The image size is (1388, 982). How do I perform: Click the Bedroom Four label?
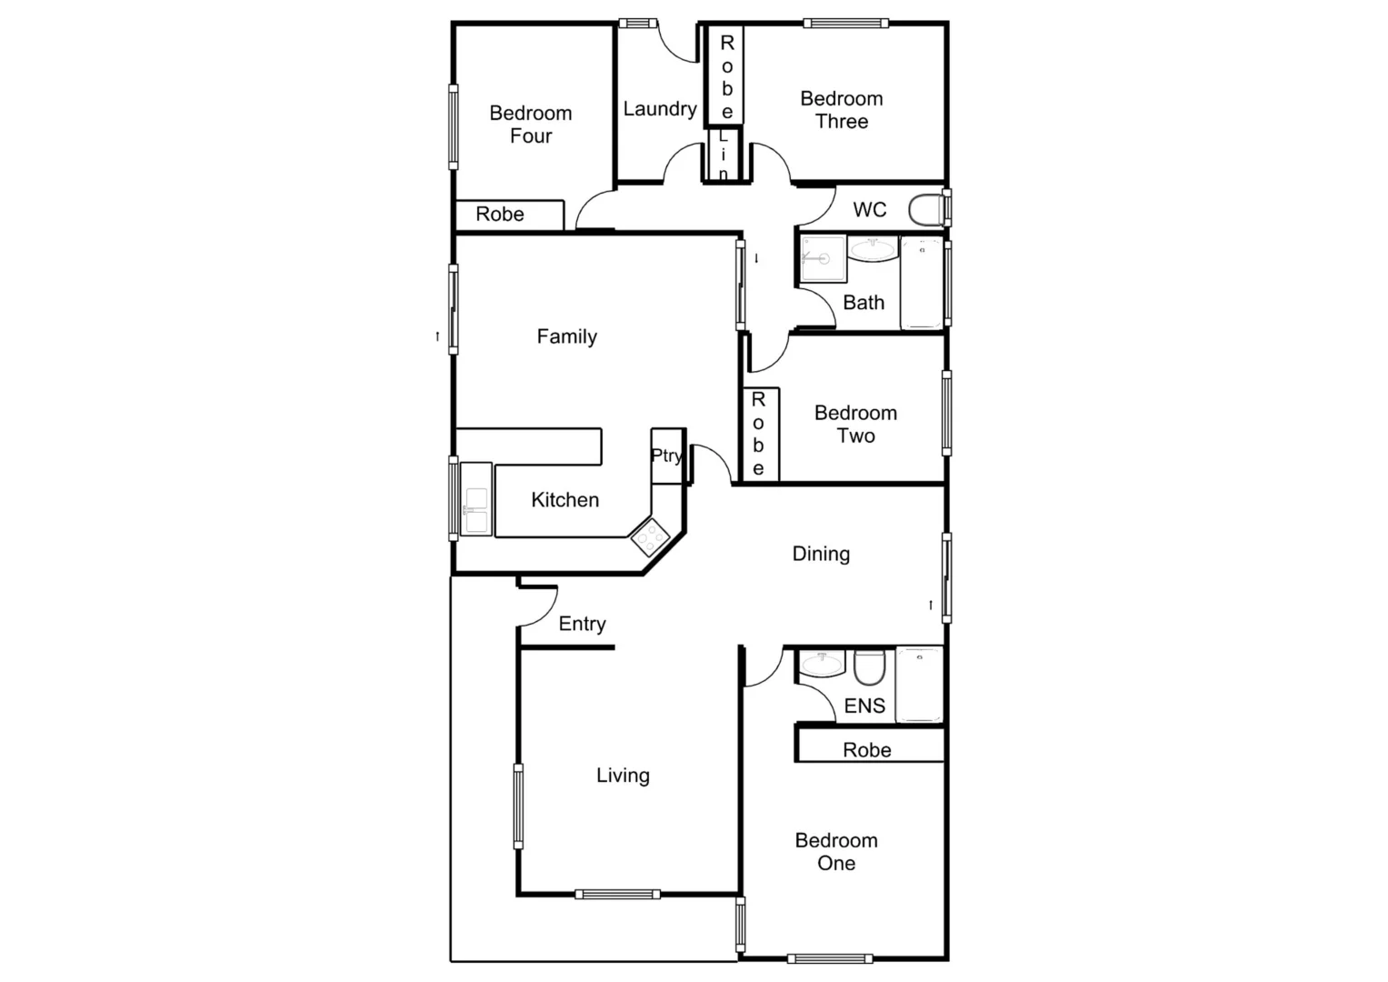click(531, 125)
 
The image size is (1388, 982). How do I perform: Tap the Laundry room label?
click(660, 109)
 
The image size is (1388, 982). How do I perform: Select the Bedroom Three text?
click(841, 110)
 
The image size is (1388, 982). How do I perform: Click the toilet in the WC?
click(926, 210)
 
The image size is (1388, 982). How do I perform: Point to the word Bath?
click(864, 303)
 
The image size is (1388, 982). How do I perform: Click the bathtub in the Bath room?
click(922, 283)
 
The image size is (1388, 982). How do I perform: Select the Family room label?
click(566, 336)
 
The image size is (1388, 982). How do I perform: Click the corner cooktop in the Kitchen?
click(651, 537)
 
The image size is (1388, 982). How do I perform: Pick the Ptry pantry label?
click(667, 456)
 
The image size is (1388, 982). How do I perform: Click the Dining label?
click(821, 554)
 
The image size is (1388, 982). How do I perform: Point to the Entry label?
click(582, 624)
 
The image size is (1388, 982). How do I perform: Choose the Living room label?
click(623, 776)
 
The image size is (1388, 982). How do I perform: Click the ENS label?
click(864, 706)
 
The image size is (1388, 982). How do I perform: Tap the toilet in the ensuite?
click(869, 667)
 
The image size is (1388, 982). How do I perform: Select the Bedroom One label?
click(836, 852)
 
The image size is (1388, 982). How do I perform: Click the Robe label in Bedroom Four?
click(500, 215)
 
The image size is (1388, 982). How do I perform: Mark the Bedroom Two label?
click(855, 425)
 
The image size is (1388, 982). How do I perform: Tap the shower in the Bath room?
click(823, 259)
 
